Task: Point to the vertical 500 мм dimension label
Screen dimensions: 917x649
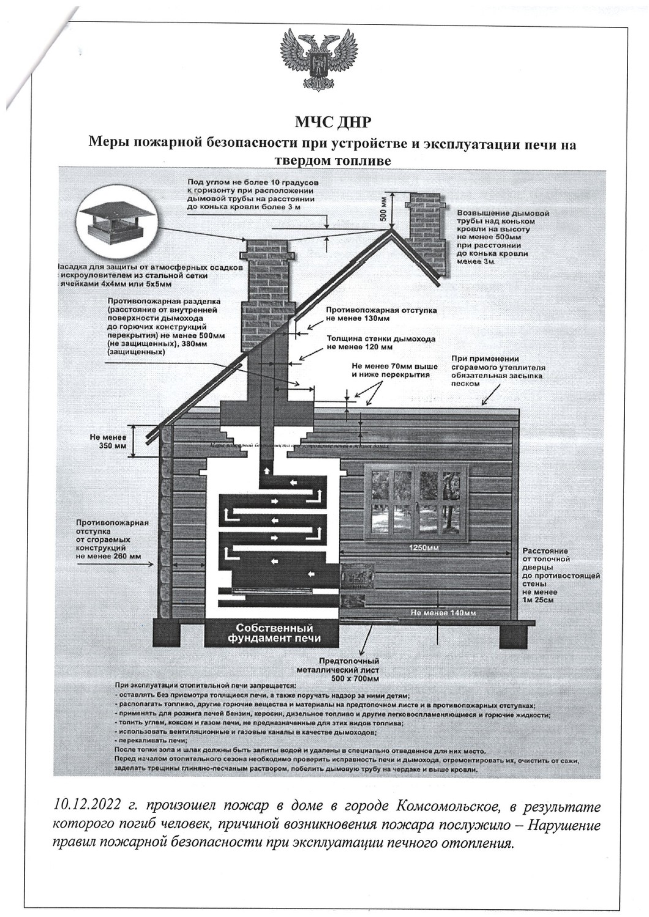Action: click(382, 209)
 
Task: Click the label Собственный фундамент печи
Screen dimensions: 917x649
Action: click(274, 633)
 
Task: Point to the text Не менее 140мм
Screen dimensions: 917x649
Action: click(443, 612)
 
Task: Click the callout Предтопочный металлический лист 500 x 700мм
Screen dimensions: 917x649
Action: click(350, 670)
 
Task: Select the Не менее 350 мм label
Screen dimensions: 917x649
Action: click(108, 442)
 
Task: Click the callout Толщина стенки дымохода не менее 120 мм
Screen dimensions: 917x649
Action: click(381, 343)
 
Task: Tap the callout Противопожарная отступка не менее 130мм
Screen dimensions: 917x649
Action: click(381, 314)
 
